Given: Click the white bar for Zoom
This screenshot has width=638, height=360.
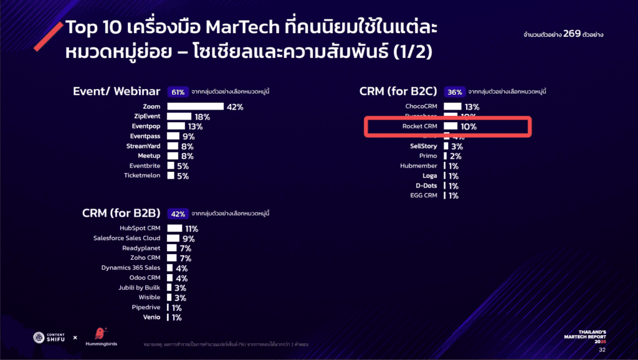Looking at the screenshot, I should [195, 107].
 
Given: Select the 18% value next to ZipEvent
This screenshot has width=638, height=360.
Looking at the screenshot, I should [202, 116].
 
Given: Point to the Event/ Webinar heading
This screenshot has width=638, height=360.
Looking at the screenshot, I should [117, 92].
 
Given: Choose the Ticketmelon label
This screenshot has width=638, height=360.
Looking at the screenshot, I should [142, 176].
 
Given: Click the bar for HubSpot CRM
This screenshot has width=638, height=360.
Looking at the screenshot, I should [174, 229].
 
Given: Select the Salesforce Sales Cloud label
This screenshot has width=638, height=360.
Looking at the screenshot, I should [126, 238].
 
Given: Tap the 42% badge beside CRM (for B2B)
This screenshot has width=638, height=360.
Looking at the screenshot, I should [178, 214].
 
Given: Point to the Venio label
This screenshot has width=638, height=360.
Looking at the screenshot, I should [151, 317].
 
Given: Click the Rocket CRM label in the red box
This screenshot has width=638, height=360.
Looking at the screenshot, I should [420, 126].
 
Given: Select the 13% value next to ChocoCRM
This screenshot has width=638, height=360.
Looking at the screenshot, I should [472, 107].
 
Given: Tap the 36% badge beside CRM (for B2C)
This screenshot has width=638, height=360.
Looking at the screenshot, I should [455, 92].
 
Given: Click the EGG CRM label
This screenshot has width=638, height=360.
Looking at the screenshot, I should [424, 196].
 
